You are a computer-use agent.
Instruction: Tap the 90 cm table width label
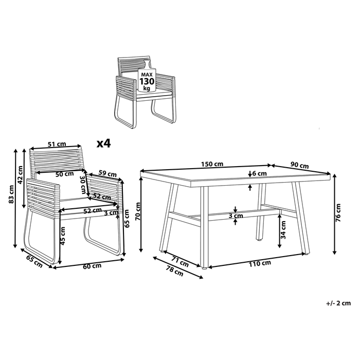click(300, 166)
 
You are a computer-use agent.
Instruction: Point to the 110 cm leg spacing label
click(259, 263)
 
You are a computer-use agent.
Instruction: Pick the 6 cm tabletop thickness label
click(260, 174)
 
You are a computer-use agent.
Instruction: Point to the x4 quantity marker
click(104, 144)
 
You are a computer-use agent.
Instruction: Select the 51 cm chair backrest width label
click(56, 145)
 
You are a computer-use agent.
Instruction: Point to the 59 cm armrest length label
click(106, 173)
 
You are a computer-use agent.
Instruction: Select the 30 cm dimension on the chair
click(83, 183)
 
